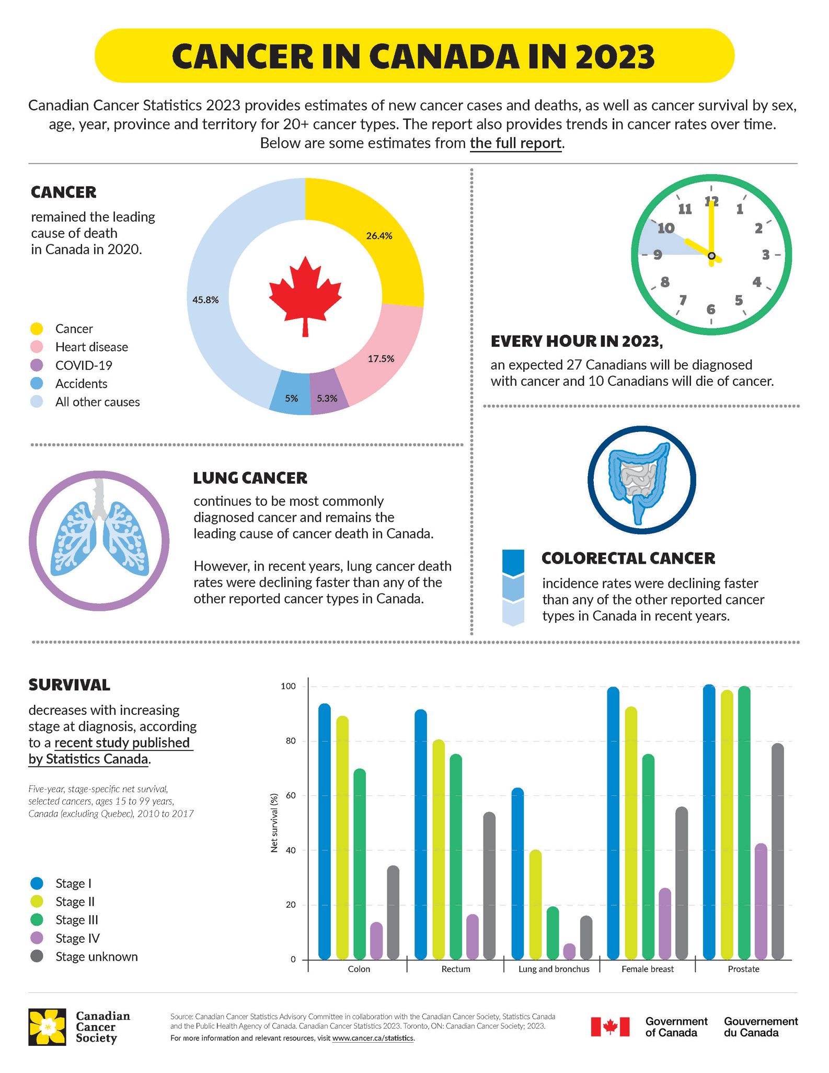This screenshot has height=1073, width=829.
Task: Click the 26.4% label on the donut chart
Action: [379, 236]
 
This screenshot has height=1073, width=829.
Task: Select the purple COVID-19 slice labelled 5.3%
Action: [328, 398]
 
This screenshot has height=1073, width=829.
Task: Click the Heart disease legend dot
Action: [37, 347]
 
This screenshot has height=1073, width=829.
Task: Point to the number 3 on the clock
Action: [765, 255]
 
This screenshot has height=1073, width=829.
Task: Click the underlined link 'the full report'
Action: [515, 143]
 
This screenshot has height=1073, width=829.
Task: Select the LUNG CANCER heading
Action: [250, 478]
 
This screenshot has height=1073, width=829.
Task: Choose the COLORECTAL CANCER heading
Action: [628, 558]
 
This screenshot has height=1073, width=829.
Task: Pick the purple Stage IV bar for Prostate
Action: [761, 902]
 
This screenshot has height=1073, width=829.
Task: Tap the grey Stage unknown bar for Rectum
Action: [489, 886]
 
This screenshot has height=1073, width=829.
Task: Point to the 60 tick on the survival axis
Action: [290, 796]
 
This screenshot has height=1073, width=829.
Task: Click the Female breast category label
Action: [648, 969]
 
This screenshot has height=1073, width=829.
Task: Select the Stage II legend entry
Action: [75, 901]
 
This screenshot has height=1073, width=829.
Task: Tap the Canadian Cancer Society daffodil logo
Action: [48, 1027]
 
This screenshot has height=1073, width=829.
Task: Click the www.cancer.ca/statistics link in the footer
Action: [373, 1038]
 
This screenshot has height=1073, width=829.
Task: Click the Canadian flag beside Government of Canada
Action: [610, 1026]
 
